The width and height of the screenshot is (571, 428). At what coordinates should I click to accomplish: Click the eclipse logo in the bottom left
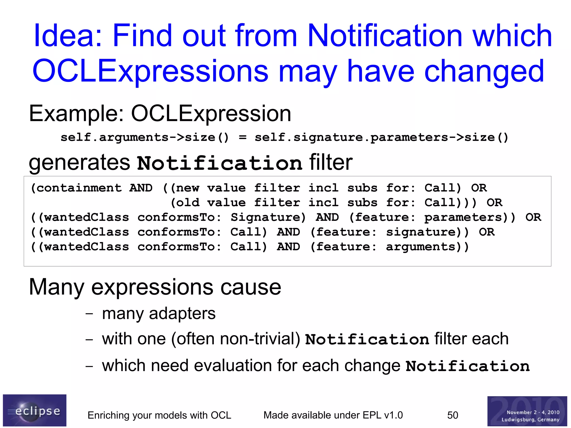click(35, 410)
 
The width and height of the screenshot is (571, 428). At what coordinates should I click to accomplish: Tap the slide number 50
click(453, 415)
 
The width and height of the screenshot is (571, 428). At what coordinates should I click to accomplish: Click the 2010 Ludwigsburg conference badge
click(527, 411)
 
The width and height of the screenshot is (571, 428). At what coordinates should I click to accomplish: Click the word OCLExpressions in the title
click(150, 71)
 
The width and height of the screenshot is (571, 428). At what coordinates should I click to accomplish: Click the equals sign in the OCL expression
click(242, 137)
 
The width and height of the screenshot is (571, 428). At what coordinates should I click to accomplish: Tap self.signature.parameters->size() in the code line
click(381, 137)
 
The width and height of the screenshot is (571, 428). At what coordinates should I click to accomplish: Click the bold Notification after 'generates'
click(219, 163)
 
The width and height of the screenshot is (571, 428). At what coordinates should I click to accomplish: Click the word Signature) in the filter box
click(268, 217)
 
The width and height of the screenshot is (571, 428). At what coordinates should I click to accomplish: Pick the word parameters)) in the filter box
click(470, 217)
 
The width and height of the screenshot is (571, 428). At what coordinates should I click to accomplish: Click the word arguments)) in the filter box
click(427, 247)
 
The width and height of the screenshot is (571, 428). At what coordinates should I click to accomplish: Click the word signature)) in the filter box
click(427, 232)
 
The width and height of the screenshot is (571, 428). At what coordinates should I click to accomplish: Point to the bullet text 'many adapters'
click(159, 313)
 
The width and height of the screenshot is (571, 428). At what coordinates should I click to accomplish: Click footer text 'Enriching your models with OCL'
click(159, 415)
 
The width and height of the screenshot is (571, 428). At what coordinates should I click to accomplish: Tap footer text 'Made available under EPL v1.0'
click(333, 415)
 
